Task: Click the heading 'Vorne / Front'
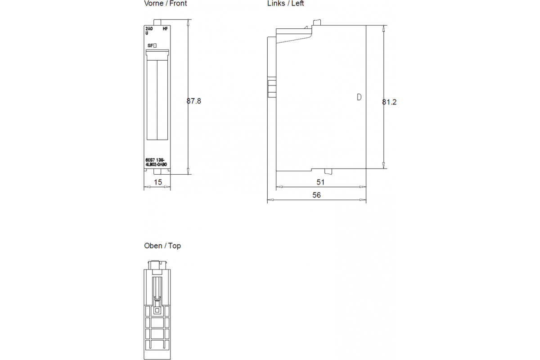click(x=165, y=4)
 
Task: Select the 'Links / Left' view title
click(x=285, y=4)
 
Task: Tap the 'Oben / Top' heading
click(x=162, y=246)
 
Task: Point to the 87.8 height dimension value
click(x=194, y=101)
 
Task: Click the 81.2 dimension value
click(x=389, y=102)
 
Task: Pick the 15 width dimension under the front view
click(x=158, y=182)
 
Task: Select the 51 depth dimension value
click(x=320, y=182)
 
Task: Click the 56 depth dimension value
click(x=316, y=195)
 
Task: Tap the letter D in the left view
click(x=359, y=97)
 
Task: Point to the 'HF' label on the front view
click(x=165, y=29)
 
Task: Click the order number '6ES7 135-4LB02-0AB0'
click(x=156, y=162)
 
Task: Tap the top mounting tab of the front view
click(x=157, y=22)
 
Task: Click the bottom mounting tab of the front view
click(x=157, y=172)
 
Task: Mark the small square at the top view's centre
click(x=157, y=310)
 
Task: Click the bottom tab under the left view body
click(x=328, y=171)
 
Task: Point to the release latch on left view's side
click(x=272, y=89)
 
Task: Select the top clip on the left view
click(x=317, y=22)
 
